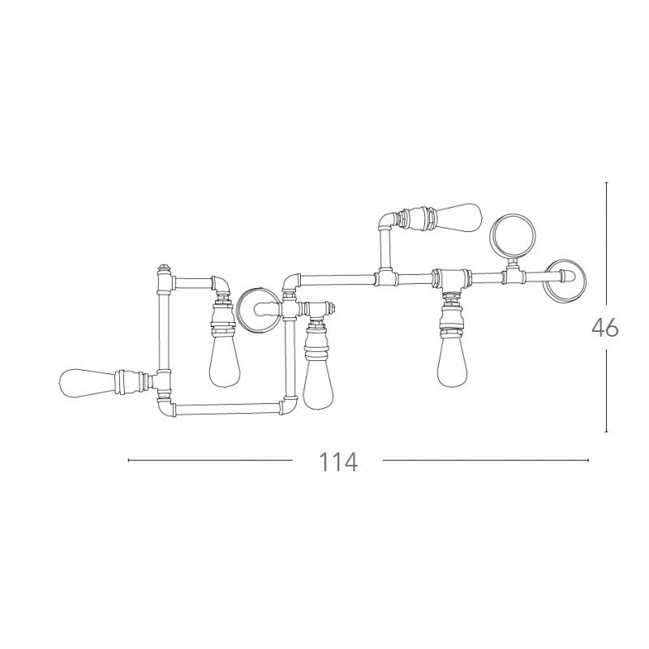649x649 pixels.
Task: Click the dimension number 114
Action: [337, 462]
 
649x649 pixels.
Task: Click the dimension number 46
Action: [604, 328]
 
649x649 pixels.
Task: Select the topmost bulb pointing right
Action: [459, 217]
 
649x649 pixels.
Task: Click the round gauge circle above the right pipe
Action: [513, 236]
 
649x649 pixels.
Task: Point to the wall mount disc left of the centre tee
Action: [256, 309]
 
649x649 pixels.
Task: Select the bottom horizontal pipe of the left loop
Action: [227, 410]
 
